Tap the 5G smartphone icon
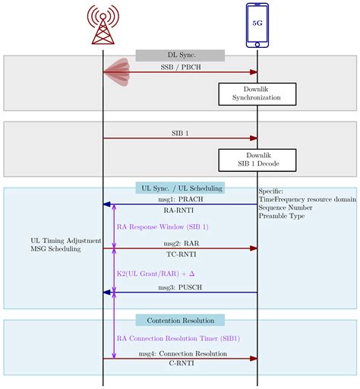[257, 24]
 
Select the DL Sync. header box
[180, 55]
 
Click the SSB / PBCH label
[180, 67]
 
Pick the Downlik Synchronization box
[257, 93]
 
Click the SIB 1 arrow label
[180, 133]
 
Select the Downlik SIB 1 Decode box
[257, 160]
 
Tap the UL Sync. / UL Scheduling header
[180, 188]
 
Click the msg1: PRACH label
[180, 199]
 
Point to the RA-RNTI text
[180, 210]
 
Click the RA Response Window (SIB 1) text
[163, 226]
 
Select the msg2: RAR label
[180, 243]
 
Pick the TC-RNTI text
[180, 255]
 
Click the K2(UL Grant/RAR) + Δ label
[156, 272]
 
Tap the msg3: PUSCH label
[180, 286]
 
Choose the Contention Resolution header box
[180, 320]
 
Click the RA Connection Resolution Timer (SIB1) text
[178, 338]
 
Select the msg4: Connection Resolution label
[182, 354]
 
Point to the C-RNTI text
[180, 365]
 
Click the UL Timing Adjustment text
[65, 240]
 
